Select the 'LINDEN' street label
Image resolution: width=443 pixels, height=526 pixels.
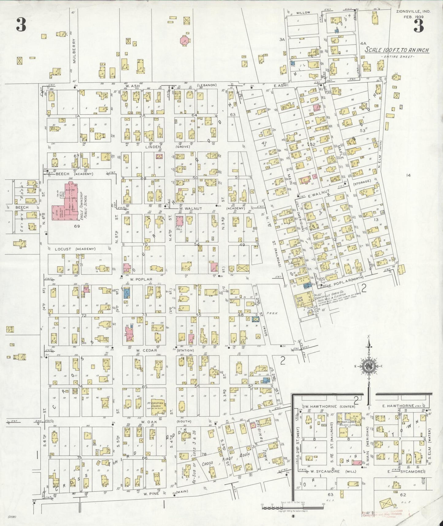[153, 147]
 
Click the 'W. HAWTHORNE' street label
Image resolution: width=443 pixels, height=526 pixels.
[321, 406]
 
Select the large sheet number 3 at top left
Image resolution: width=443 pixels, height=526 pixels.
[21, 25]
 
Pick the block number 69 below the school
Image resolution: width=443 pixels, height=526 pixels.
[77, 226]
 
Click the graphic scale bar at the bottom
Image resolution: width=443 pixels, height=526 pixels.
[293, 507]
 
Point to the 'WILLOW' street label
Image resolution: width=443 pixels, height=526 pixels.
[303, 13]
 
